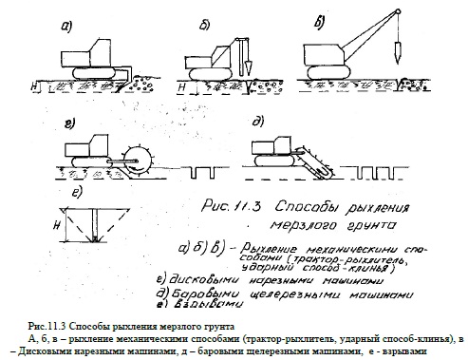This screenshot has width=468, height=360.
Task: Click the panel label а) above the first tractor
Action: [66, 27]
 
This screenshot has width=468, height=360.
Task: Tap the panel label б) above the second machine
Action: [204, 26]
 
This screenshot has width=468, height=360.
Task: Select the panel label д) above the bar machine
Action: [258, 122]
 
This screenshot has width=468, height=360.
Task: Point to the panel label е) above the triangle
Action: [77, 192]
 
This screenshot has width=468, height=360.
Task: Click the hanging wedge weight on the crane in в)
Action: [396, 51]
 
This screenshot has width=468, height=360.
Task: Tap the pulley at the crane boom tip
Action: [398, 11]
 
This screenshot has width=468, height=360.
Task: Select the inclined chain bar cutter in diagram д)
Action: [316, 162]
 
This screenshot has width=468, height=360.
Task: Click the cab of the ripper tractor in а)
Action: [100, 52]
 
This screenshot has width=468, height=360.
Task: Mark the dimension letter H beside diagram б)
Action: [181, 87]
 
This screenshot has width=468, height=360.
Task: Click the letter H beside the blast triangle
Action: [57, 225]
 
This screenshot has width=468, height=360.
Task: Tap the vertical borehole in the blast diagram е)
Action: [95, 224]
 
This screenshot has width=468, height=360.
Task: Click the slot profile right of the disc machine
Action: [202, 172]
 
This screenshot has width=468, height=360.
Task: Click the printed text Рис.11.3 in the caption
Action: [47, 327]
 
